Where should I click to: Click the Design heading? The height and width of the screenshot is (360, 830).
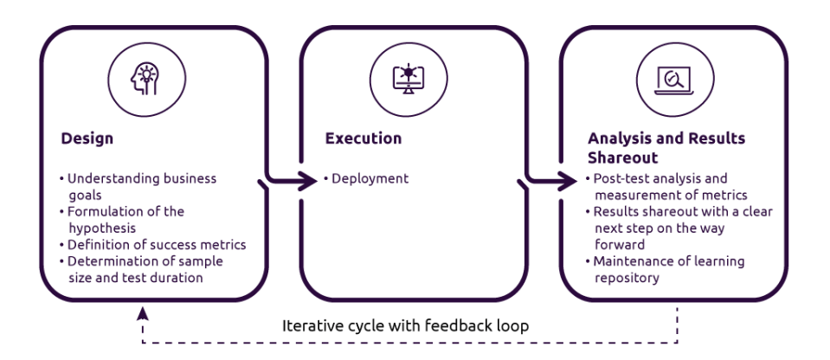click(87, 138)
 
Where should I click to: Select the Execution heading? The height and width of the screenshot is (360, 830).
click(363, 138)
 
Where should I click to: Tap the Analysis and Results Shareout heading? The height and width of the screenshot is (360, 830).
click(666, 148)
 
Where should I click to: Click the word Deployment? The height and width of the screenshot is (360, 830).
click(370, 179)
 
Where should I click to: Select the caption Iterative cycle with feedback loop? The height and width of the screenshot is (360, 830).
click(404, 327)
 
